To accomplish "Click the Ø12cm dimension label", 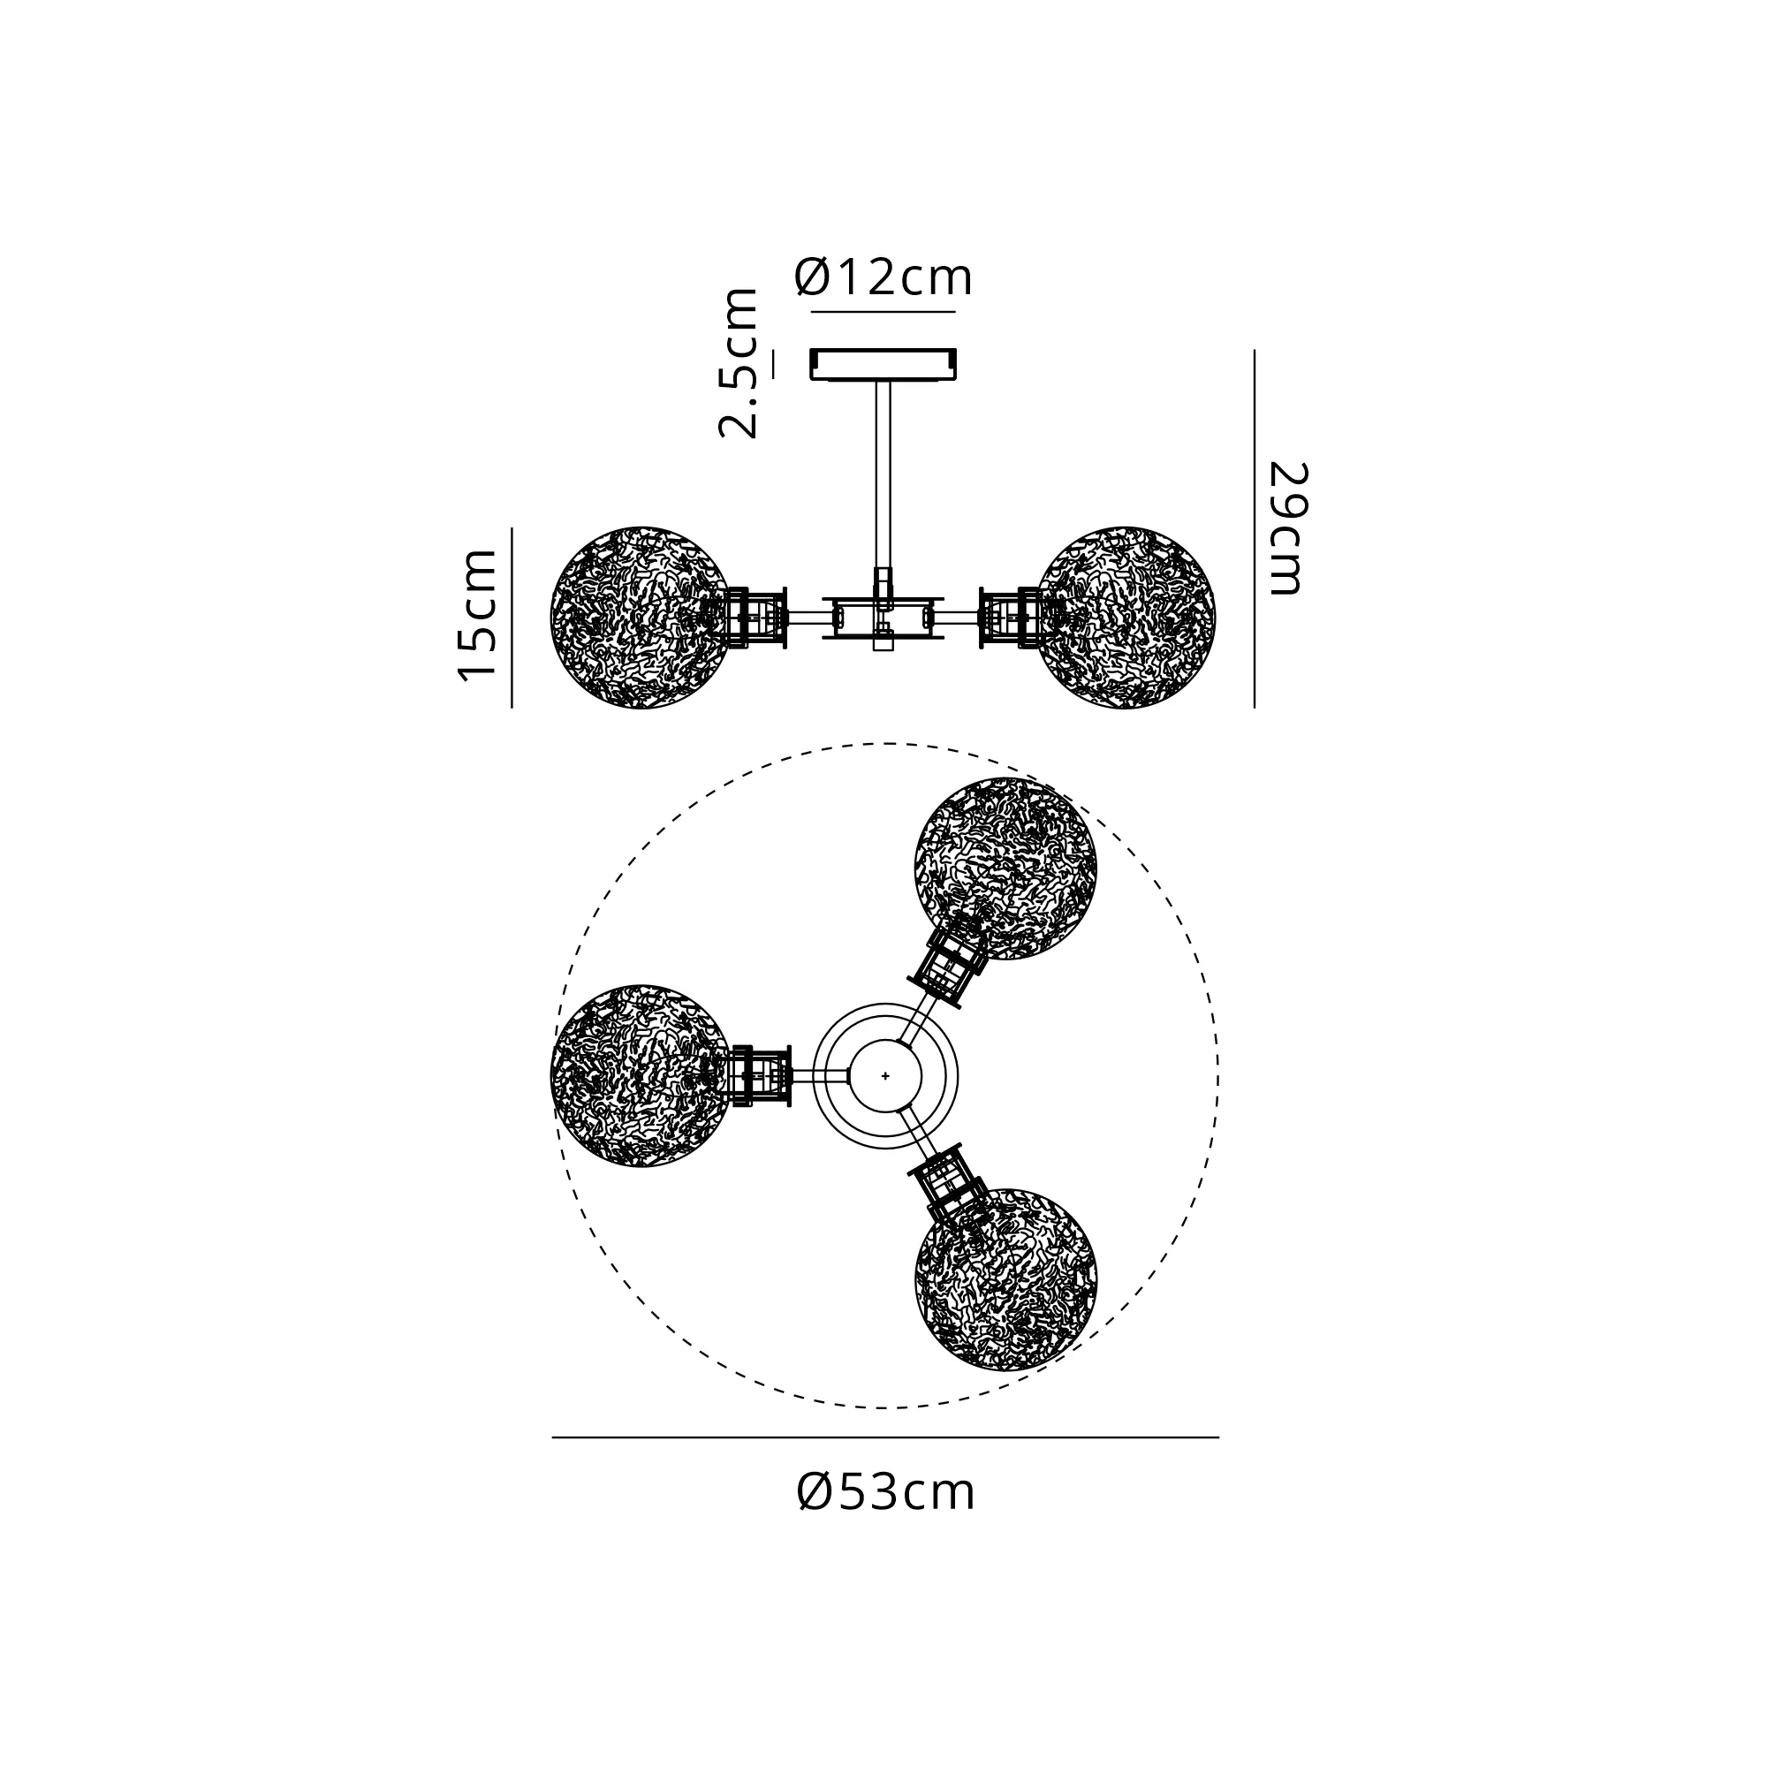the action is click(883, 277).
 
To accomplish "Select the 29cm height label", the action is click(1288, 528).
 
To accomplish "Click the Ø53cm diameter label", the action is click(886, 1492).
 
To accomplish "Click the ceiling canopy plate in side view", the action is click(883, 363).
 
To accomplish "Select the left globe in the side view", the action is click(641, 617).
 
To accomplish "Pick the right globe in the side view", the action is click(1126, 617).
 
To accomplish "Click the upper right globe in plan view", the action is click(1006, 868).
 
